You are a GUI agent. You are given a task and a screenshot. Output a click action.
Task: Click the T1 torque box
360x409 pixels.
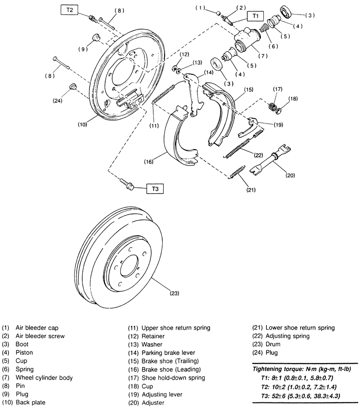[255, 16]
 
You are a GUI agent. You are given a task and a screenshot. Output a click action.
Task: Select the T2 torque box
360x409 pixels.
[69, 10]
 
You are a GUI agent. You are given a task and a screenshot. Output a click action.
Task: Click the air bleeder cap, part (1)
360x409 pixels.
[219, 13]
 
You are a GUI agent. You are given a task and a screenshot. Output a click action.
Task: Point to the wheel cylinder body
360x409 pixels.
[246, 40]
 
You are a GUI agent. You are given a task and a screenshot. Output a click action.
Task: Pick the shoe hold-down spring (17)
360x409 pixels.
[273, 107]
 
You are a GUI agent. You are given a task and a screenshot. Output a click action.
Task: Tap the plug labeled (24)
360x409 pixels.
[72, 86]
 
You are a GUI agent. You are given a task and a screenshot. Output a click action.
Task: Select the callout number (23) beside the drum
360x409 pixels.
[174, 293]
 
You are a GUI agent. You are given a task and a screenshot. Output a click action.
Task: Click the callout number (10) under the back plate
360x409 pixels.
[82, 124]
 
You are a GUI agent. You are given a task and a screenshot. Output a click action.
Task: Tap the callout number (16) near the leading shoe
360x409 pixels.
[148, 162]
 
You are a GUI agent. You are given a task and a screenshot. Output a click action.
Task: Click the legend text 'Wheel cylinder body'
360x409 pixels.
[44, 377]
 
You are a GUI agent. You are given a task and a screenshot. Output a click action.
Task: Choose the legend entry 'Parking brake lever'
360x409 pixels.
[168, 352]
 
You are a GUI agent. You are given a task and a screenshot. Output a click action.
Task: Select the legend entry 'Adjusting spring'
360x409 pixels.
[288, 336]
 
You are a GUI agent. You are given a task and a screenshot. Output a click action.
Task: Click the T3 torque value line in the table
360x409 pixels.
[300, 396]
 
